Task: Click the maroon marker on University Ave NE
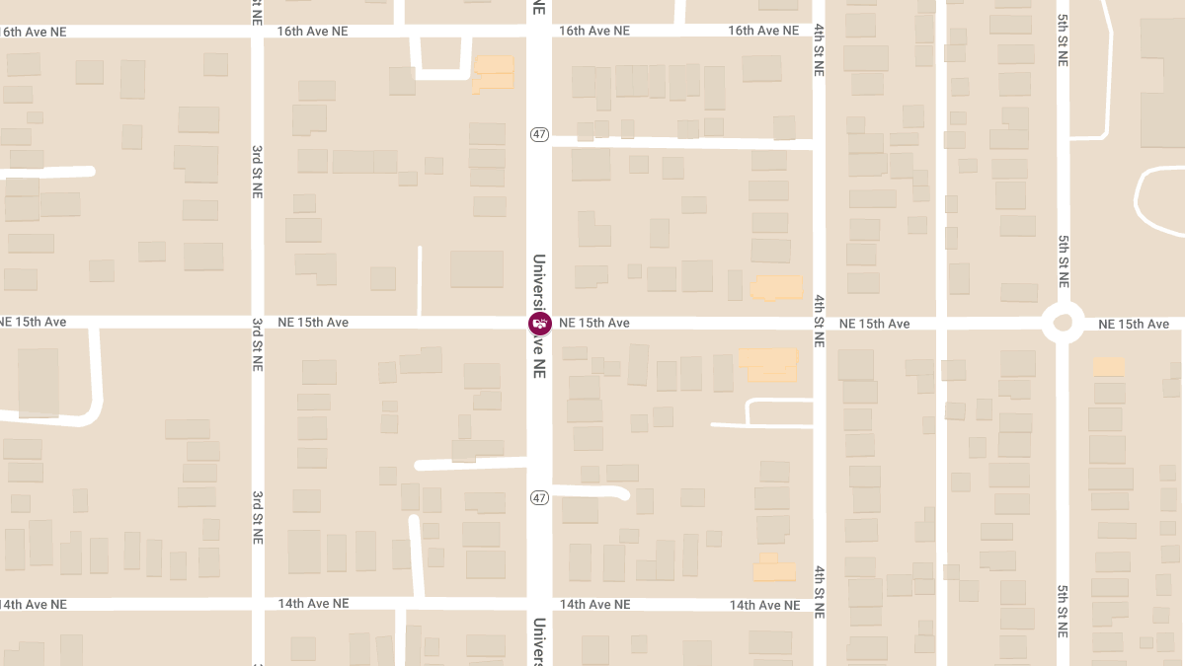click(x=539, y=324)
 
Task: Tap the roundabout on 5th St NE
click(x=1063, y=322)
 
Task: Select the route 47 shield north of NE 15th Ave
click(x=538, y=134)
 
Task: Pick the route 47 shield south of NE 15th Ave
click(x=538, y=497)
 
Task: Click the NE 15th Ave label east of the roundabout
click(x=1133, y=324)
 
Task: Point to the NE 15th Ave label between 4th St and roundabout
click(x=874, y=324)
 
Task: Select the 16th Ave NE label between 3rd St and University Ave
click(x=312, y=31)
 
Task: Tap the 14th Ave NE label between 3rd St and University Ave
click(x=313, y=603)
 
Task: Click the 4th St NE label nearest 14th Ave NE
click(x=819, y=591)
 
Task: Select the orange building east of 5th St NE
click(x=1109, y=366)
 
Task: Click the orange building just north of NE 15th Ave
click(x=777, y=287)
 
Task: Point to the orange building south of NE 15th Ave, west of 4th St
click(x=768, y=363)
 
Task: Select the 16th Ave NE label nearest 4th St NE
click(x=763, y=31)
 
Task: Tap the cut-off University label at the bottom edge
click(x=539, y=641)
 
